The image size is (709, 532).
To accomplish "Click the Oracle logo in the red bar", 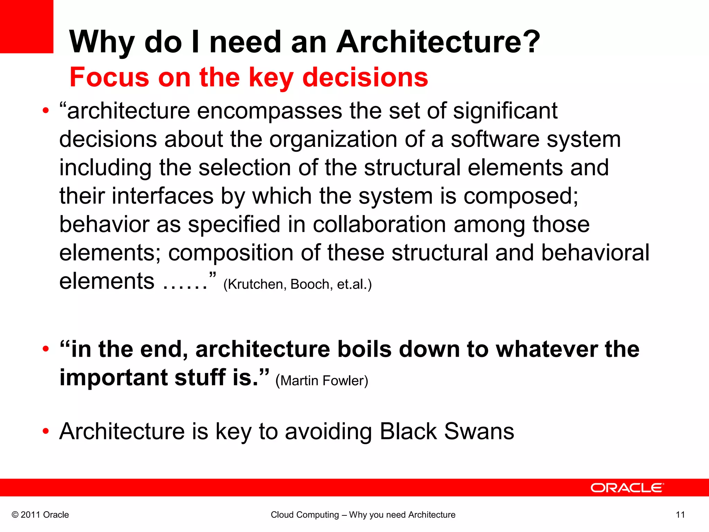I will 627,488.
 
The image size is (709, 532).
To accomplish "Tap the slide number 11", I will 680,515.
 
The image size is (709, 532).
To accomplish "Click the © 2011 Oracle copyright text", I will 40,515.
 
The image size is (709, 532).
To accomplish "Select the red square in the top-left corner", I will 26,26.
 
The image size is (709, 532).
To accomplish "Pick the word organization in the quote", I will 333,140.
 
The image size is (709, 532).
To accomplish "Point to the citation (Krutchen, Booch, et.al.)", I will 297,284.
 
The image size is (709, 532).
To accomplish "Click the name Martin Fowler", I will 322,381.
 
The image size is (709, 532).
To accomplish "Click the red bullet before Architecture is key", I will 46,432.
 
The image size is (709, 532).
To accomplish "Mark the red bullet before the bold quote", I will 46,349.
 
